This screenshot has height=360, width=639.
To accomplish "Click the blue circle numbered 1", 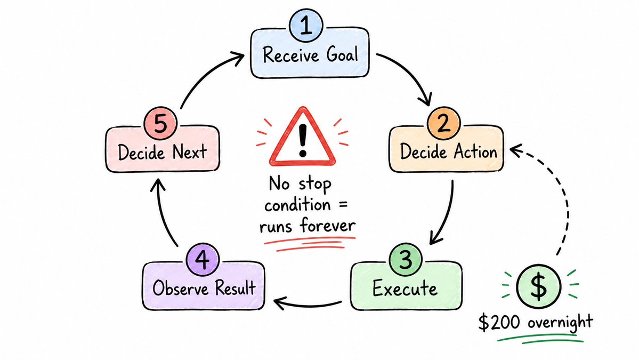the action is point(306,26).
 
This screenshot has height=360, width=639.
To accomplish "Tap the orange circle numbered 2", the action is point(444,123).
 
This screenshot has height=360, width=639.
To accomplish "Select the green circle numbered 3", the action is point(405,260).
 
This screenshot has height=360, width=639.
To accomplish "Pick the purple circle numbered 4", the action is point(203,260).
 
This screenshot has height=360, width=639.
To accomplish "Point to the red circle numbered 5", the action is point(160,123).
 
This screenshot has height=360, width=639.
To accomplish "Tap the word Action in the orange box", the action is point(475,152).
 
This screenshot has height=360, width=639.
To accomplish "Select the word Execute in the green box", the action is point(405,289).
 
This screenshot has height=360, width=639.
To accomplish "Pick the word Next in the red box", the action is point(190,152).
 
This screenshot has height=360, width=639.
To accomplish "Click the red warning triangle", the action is point(302,137).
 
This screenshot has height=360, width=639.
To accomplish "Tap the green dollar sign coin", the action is point(538,286).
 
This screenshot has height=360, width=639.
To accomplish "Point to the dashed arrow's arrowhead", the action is point(516,150).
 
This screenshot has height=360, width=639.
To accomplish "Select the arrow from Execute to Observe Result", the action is point(308,305).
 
